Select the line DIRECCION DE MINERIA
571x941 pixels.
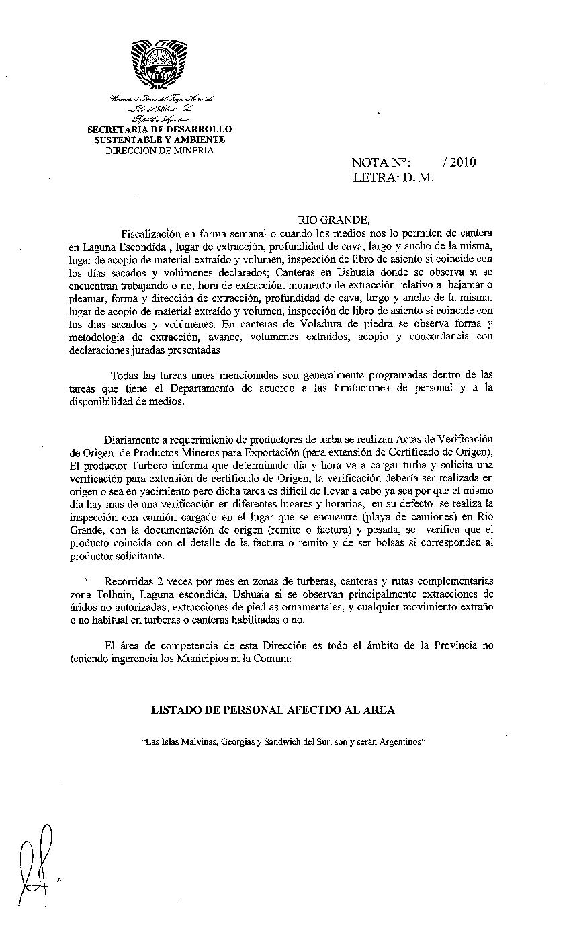tap(160, 151)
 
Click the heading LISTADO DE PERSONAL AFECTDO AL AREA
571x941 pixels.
tap(273, 710)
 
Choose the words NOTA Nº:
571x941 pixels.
tap(380, 163)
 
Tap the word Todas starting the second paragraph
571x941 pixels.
tap(126, 375)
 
